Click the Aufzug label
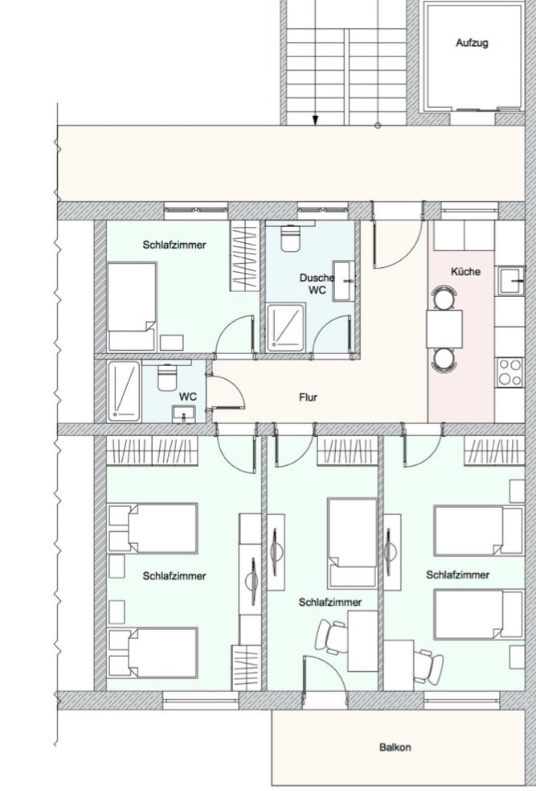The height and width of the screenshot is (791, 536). pyautogui.click(x=472, y=43)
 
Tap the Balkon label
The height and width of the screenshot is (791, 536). pyautogui.click(x=395, y=747)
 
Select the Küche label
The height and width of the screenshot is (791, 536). pyautogui.click(x=465, y=271)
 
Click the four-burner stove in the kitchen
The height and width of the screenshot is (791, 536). pyautogui.click(x=509, y=372)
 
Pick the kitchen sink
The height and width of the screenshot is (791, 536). pyautogui.click(x=510, y=282)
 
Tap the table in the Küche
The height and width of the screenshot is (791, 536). pyautogui.click(x=444, y=328)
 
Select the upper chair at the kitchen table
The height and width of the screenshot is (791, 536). pyautogui.click(x=443, y=297)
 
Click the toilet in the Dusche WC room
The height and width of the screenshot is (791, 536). pyautogui.click(x=291, y=238)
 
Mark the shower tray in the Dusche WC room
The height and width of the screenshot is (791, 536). pyautogui.click(x=286, y=326)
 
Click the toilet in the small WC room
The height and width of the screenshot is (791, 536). pyautogui.click(x=167, y=376)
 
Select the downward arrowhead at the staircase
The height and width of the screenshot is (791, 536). pyautogui.click(x=316, y=120)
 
